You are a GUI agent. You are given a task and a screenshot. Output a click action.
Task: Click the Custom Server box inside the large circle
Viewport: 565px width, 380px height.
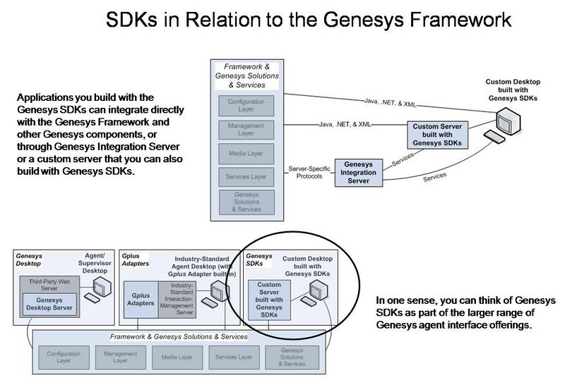tap(265, 298)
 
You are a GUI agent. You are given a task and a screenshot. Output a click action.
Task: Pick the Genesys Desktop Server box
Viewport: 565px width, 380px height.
tap(49, 304)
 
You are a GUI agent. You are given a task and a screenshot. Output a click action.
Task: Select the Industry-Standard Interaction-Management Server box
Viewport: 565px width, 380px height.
tap(178, 300)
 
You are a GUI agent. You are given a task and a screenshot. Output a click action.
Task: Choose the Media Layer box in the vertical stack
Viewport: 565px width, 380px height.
tap(246, 152)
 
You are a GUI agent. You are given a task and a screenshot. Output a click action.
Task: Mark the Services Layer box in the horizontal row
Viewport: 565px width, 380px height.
tap(234, 357)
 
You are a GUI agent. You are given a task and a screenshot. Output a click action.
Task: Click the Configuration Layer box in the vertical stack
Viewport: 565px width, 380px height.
tap(246, 105)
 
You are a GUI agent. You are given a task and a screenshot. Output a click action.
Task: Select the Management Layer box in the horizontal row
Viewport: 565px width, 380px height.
tap(120, 357)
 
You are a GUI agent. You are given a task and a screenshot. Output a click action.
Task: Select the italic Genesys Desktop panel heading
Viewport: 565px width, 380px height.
tap(30, 258)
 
